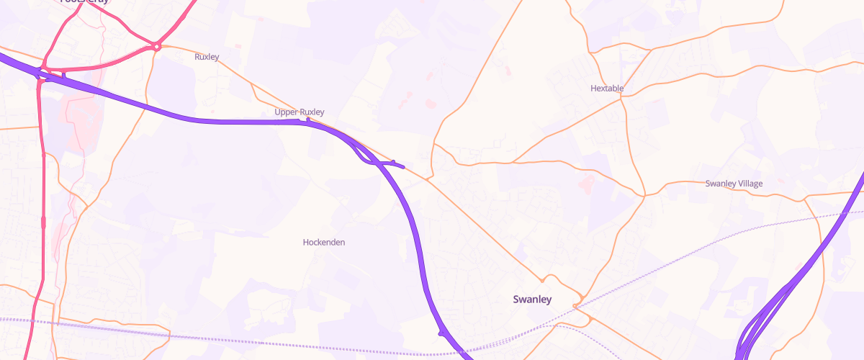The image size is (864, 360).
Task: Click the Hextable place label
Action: (x=606, y=89)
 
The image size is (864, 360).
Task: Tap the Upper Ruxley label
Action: (x=300, y=112)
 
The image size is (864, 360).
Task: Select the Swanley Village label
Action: (x=734, y=184)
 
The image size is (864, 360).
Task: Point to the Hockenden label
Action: (x=323, y=243)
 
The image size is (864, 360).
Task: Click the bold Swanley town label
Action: (x=531, y=299)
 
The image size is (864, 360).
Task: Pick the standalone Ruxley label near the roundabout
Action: (x=207, y=56)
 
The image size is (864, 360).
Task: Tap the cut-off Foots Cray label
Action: (x=85, y=2)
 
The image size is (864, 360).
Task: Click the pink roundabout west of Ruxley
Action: (x=156, y=48)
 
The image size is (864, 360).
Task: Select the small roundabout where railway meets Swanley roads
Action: (x=576, y=307)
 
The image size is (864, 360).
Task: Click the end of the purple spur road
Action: (x=403, y=168)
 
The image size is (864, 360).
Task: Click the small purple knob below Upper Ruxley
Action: (x=307, y=120)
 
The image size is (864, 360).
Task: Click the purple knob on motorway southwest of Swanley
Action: (x=440, y=333)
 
